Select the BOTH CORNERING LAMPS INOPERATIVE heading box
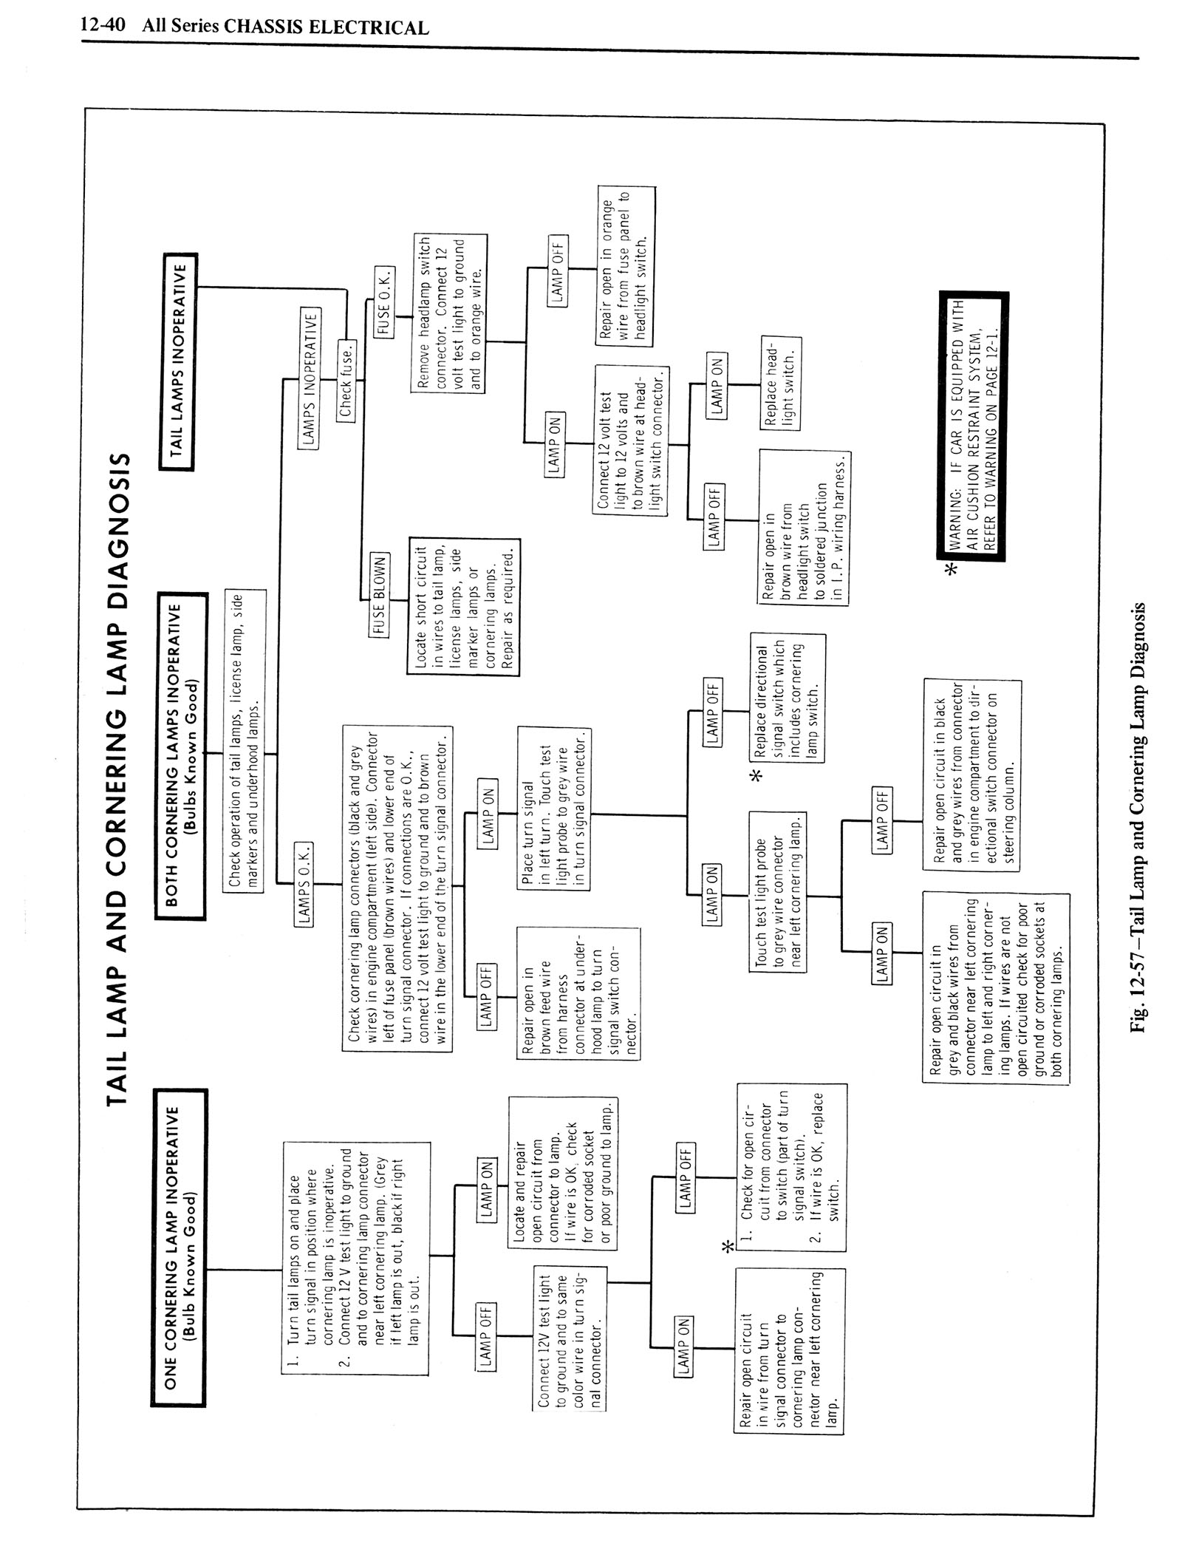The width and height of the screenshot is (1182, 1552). pyautogui.click(x=180, y=755)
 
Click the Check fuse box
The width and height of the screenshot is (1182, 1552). pyautogui.click(x=346, y=380)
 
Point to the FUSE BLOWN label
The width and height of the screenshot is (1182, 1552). pyautogui.click(x=380, y=594)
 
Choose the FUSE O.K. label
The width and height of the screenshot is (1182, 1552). pyautogui.click(x=386, y=303)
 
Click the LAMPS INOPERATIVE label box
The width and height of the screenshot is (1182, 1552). pyautogui.click(x=310, y=377)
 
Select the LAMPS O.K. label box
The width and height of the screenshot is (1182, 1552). pyautogui.click(x=304, y=884)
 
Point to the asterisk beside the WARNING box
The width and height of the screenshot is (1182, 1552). pyautogui.click(x=952, y=569)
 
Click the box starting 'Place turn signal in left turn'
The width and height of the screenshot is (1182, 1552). pyautogui.click(x=554, y=809)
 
